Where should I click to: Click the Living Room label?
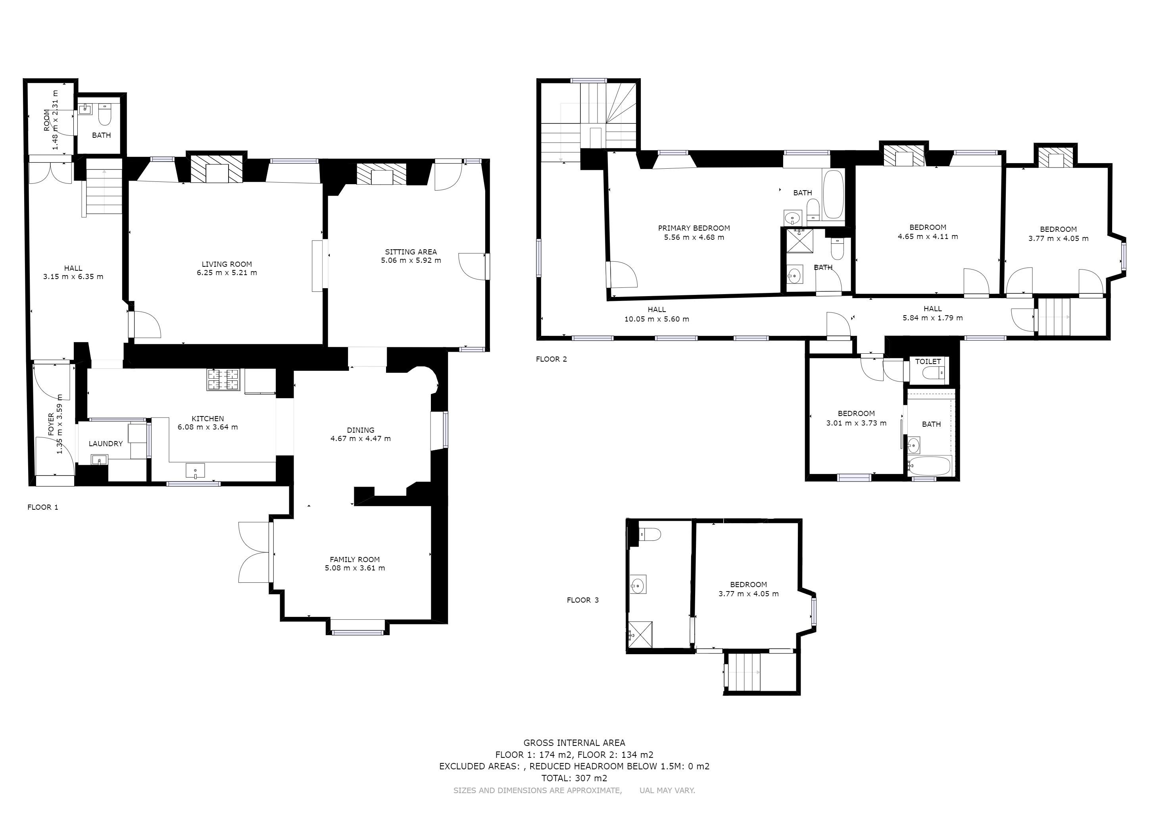(x=227, y=264)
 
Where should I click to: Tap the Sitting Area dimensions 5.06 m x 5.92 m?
(x=411, y=260)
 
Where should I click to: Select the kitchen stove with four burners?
(x=224, y=380)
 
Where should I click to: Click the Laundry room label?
(x=106, y=443)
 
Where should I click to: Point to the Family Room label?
(x=354, y=560)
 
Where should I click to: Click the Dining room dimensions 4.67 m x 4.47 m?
(x=360, y=439)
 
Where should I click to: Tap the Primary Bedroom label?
(x=694, y=228)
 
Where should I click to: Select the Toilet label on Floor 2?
(x=928, y=362)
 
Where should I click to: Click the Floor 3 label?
(x=582, y=600)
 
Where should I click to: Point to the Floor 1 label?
(x=42, y=507)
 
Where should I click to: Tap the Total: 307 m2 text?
(x=574, y=778)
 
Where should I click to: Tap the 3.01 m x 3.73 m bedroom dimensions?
(x=856, y=423)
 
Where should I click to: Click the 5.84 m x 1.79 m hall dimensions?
(x=932, y=318)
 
